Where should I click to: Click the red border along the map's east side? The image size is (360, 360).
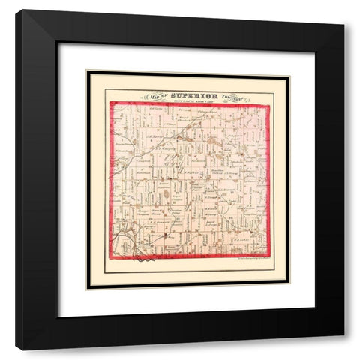[x=268, y=180]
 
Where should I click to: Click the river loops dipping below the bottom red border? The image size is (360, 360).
[x=145, y=261]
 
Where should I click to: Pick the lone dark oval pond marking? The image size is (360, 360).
[x=165, y=196]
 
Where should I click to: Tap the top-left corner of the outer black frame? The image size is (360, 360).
[x=16, y=10]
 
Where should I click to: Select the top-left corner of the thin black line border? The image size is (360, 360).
[x=87, y=72]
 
